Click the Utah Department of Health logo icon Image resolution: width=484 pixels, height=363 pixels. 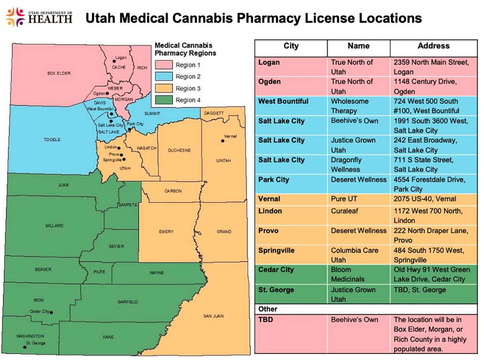click(15, 17)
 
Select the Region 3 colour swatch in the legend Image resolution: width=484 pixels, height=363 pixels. click(164, 88)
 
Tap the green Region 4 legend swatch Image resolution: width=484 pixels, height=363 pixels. click(164, 100)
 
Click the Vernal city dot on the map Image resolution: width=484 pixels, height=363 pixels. click(223, 140)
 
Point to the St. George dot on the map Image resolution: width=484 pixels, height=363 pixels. click(24, 347)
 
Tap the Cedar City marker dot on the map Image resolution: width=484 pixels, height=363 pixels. click(51, 312)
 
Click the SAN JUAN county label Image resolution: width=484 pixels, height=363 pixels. click(213, 316)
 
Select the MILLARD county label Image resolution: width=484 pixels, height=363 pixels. click(54, 226)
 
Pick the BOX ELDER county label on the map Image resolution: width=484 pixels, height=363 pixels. click(59, 73)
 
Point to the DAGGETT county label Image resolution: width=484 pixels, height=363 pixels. click(214, 113)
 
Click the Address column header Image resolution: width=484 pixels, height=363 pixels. click(433, 46)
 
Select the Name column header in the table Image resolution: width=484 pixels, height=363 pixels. click(358, 46)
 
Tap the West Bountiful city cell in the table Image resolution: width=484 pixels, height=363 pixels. click(283, 101)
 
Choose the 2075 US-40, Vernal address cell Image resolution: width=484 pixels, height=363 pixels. click(425, 199)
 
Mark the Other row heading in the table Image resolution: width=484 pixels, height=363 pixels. click(268, 309)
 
